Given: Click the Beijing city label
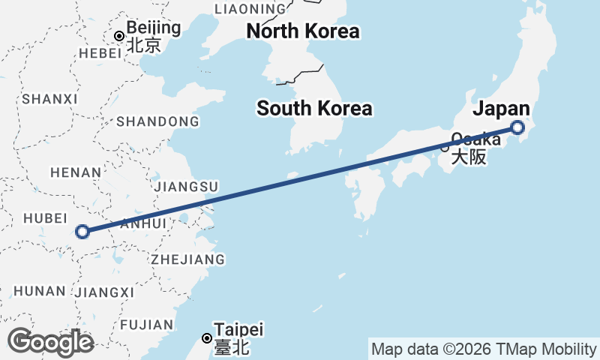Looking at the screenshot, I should coord(154,28).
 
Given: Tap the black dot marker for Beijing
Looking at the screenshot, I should coord(118,36).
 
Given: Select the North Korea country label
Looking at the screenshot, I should coord(303,31).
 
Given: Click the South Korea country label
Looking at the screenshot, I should coord(314,108).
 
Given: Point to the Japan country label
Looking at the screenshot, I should coord(501,109).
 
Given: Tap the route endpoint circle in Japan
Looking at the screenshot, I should coord(517,127).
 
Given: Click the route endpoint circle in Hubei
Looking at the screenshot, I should coord(82,232).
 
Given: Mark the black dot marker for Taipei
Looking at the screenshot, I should coord(208,338).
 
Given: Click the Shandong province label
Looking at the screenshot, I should coord(157,121).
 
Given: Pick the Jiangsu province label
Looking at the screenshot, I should coord(184,186).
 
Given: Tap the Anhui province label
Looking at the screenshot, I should coord(142,223).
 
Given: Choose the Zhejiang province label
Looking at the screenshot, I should coord(187,259).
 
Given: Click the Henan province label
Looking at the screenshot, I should coord(75,172).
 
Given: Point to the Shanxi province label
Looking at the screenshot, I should coord(50,99).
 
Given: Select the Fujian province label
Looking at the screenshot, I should coord(145,325).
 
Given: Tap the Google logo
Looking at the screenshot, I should coord(50,342).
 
